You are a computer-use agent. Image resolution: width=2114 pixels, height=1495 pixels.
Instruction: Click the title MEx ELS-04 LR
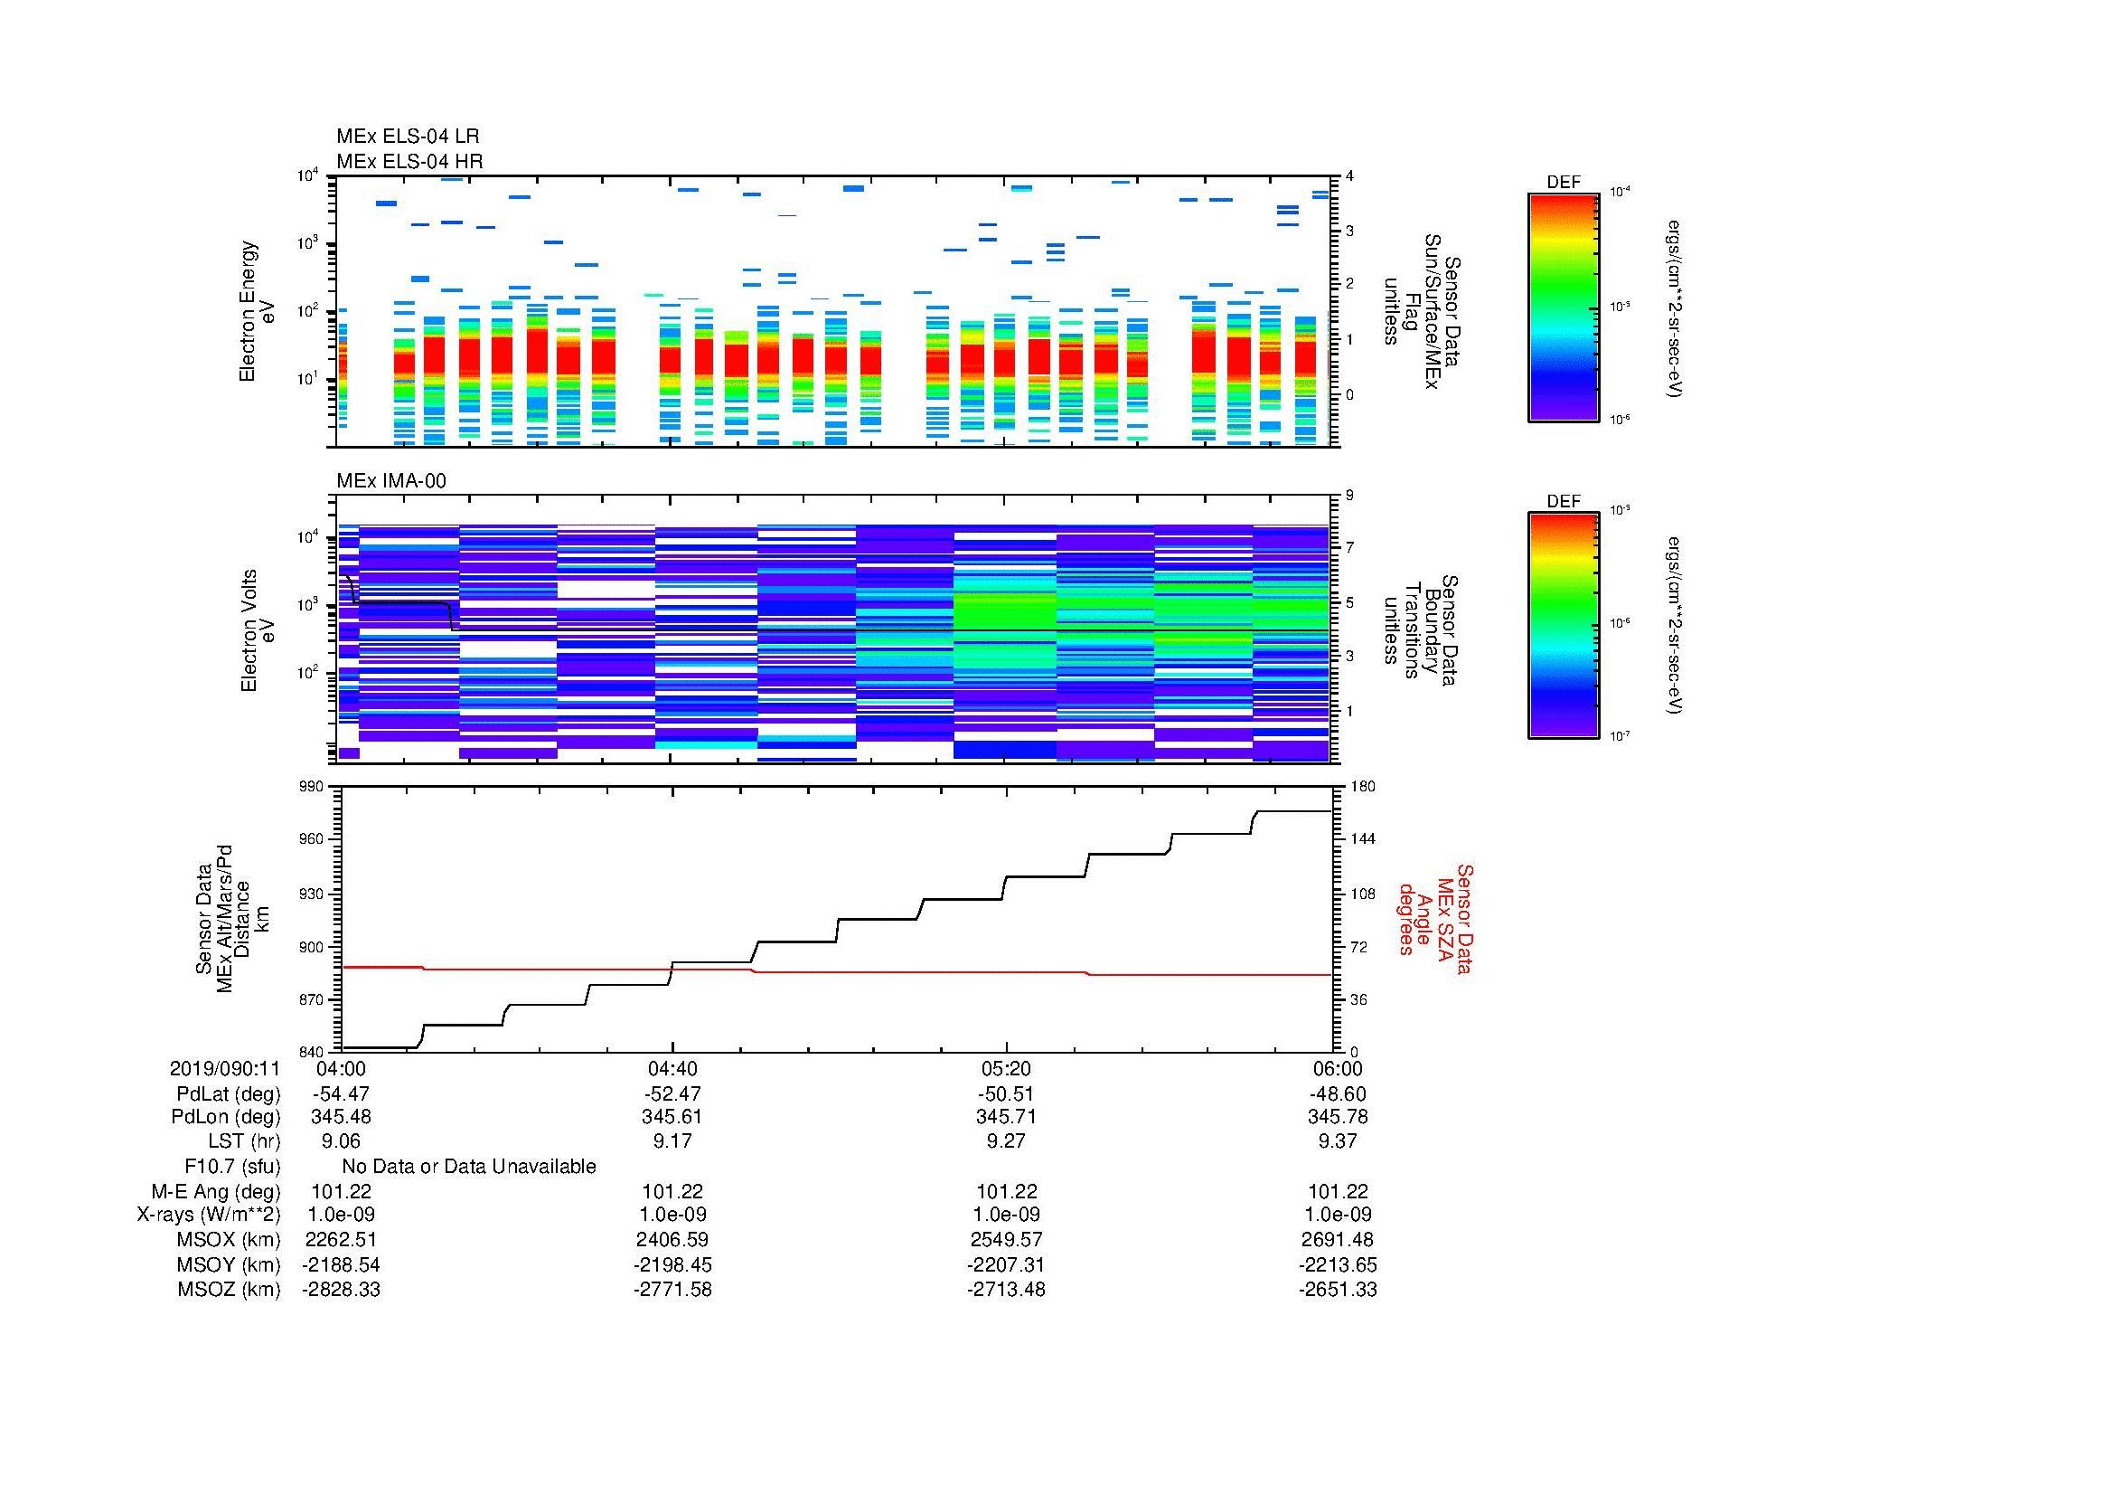tap(407, 137)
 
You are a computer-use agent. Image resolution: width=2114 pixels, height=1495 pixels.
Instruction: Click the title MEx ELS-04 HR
tap(409, 161)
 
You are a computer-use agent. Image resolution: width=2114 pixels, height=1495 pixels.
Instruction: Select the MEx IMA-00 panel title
tap(390, 481)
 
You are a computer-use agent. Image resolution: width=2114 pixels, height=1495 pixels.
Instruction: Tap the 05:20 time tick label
tap(1006, 1068)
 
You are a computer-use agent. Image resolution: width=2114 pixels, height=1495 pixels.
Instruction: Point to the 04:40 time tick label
tap(672, 1068)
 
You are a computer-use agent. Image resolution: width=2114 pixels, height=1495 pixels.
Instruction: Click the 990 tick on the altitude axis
tap(312, 787)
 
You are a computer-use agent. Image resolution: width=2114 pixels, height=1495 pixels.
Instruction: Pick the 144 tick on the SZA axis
tap(1362, 839)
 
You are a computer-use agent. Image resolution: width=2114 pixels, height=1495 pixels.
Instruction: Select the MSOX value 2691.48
tap(1338, 1240)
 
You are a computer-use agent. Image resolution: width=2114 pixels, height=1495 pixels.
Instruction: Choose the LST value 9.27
tap(1006, 1141)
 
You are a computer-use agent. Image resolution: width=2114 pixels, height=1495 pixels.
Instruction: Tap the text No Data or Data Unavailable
tap(469, 1167)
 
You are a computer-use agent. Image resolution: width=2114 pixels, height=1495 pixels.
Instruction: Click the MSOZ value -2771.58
tap(672, 1290)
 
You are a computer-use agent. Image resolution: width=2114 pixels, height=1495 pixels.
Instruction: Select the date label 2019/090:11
tap(225, 1068)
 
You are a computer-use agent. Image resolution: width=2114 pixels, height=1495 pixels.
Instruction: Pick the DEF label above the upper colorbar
tap(1563, 183)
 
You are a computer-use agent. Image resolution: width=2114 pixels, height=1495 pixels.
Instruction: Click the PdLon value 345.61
tap(672, 1117)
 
